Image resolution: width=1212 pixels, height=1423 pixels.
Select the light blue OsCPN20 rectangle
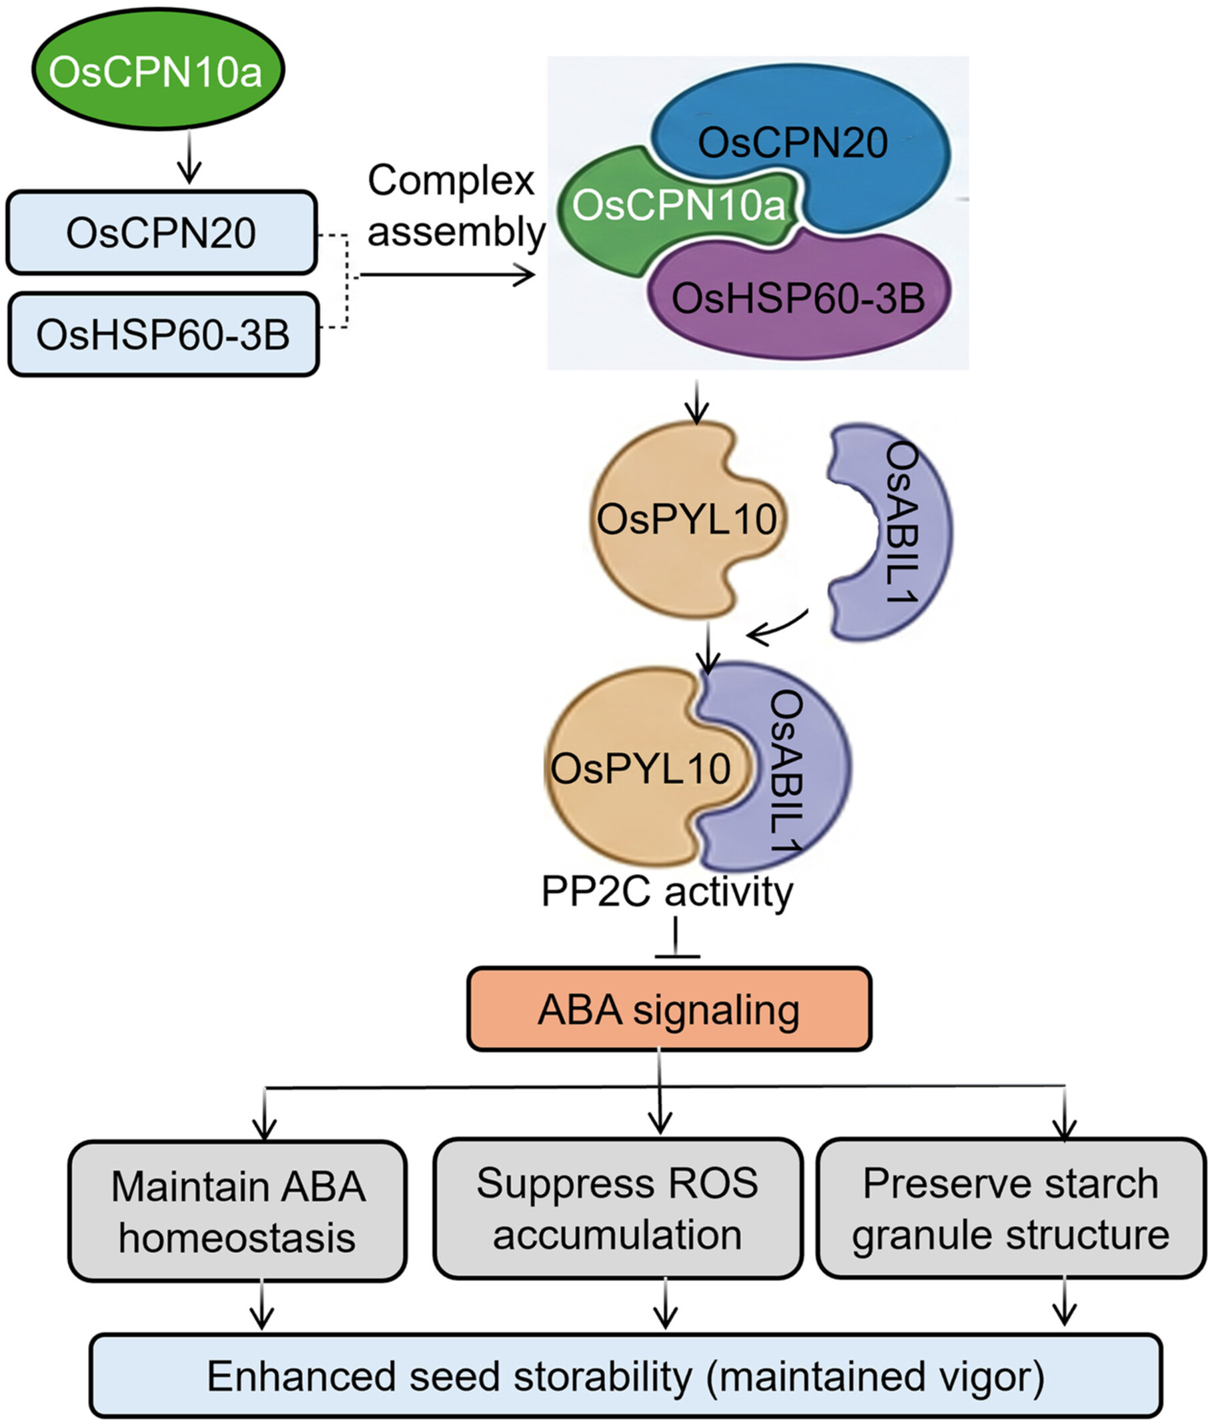click(x=161, y=233)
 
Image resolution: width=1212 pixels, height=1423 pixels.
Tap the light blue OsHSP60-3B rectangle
click(x=163, y=334)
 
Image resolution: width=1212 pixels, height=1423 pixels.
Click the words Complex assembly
click(x=453, y=206)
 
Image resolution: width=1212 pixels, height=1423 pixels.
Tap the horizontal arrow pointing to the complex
click(x=446, y=276)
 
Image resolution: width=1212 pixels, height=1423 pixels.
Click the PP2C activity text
click(x=667, y=891)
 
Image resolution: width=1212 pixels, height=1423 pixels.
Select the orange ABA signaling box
click(x=669, y=1009)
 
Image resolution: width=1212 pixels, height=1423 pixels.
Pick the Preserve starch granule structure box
click(x=1010, y=1209)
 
